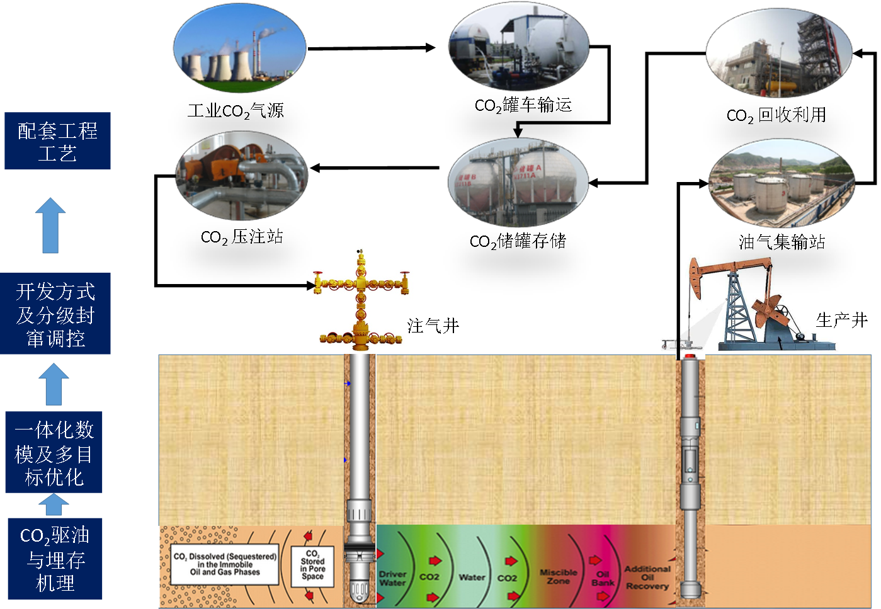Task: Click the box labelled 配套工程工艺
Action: click(57, 140)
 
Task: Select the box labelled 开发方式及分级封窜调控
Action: click(55, 314)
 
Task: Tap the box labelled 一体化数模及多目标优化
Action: click(54, 452)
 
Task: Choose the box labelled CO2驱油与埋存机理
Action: click(55, 559)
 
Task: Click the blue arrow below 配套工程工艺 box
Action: click(50, 225)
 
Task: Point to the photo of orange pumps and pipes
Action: click(241, 176)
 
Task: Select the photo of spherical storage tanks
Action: click(518, 182)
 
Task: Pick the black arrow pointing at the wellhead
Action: click(302, 286)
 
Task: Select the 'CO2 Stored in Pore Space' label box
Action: click(312, 566)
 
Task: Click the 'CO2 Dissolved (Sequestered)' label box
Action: click(225, 564)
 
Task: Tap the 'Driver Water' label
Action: click(392, 578)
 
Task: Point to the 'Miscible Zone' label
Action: click(558, 576)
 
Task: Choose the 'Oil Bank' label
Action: click(603, 578)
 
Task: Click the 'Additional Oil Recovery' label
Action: click(647, 577)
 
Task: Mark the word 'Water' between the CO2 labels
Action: click(472, 577)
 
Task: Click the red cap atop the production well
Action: click(691, 356)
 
